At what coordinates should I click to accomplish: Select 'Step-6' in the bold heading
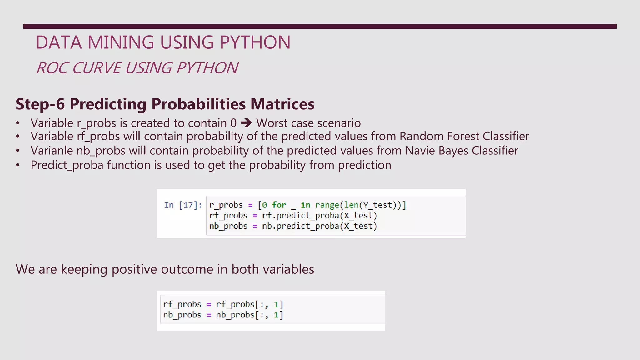coord(40,104)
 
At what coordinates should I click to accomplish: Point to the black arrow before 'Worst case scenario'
coord(246,123)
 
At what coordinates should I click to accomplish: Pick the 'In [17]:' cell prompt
coord(183,205)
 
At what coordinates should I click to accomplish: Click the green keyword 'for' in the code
coord(279,205)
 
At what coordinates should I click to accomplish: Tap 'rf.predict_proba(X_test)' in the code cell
coord(319,216)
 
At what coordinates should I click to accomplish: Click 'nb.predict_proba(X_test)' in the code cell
coord(319,226)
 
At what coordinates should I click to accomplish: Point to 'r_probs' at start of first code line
coord(226,205)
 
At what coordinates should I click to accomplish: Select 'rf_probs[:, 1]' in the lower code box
coord(249,304)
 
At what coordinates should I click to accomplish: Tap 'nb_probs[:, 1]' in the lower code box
coord(249,315)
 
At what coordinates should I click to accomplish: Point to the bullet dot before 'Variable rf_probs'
coord(18,136)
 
